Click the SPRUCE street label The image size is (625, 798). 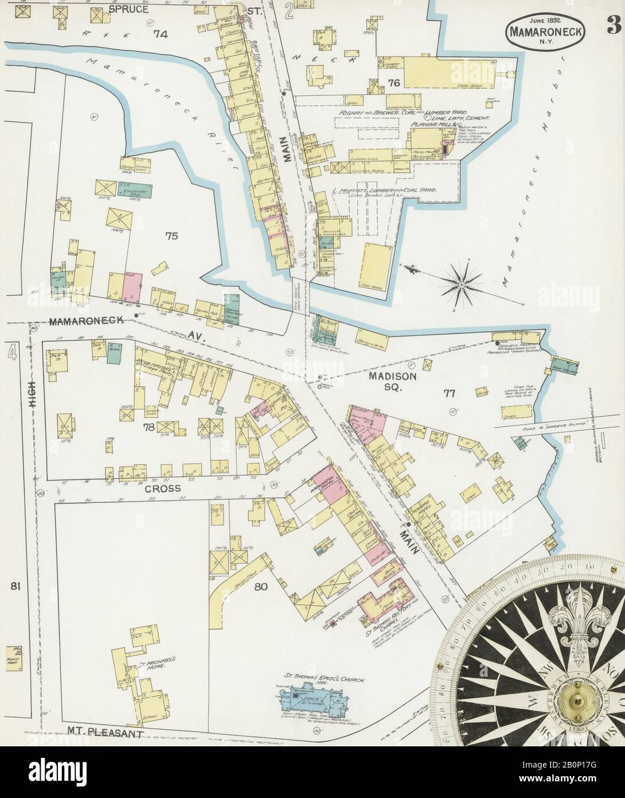point(131,9)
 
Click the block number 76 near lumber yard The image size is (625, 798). point(394,83)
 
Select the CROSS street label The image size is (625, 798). point(163,489)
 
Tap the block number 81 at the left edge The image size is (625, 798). point(15,587)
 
